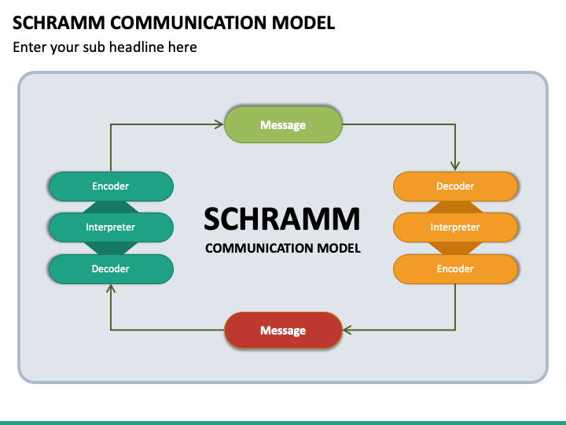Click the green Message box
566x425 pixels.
[x=283, y=124]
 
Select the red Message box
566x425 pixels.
[x=283, y=331]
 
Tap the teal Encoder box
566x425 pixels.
[x=111, y=187]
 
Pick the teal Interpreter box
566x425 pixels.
[x=111, y=227]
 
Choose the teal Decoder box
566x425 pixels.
[x=111, y=269]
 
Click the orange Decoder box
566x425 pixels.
[x=455, y=187]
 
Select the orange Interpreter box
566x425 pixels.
[x=455, y=227]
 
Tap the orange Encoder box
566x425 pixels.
[x=455, y=269]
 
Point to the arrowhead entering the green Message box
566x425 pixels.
[x=219, y=124]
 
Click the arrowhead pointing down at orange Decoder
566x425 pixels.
[x=455, y=166]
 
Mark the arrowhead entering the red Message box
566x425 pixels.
[x=347, y=330]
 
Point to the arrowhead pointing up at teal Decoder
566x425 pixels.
[x=111, y=288]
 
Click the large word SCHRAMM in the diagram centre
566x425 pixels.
[x=282, y=219]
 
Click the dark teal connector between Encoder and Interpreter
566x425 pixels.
[x=111, y=207]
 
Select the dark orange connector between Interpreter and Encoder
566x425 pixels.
[x=455, y=248]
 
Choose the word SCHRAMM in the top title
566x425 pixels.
[x=59, y=23]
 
